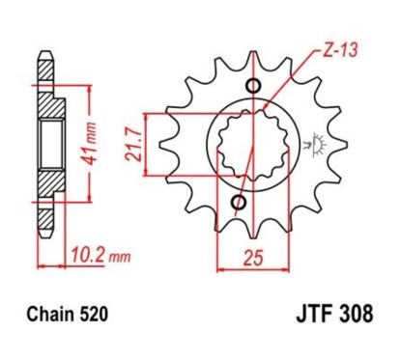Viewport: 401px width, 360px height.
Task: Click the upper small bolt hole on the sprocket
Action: pyautogui.click(x=253, y=90)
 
